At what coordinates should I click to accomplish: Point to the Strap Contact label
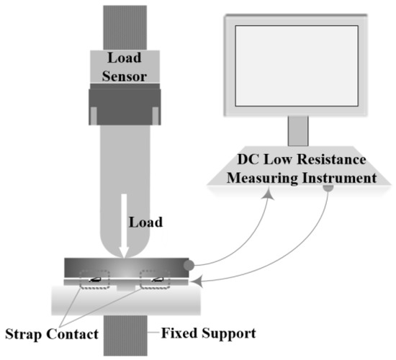(x=50, y=334)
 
